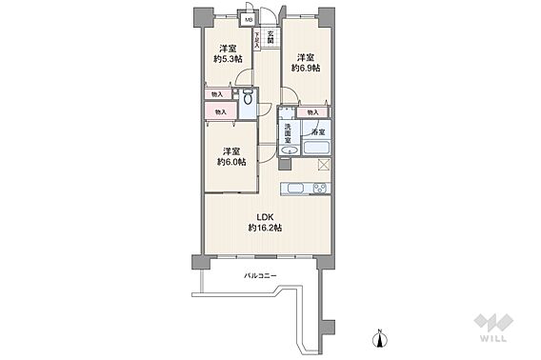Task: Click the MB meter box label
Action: coord(249,19)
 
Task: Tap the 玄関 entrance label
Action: coord(271,36)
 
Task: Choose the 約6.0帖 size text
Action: coord(230,161)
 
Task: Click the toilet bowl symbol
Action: coord(248,97)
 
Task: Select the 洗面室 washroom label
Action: coord(287,133)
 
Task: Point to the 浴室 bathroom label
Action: coord(317,132)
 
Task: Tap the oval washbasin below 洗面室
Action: coord(288,150)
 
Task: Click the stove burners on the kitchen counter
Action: coord(295,186)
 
